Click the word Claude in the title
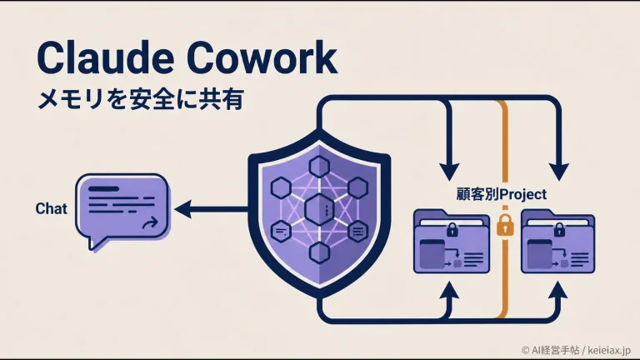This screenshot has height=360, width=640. click(106, 57)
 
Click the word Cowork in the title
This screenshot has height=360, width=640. click(262, 57)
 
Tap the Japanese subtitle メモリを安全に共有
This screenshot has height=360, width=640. click(140, 99)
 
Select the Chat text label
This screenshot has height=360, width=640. click(51, 208)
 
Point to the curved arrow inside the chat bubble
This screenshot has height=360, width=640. click(150, 222)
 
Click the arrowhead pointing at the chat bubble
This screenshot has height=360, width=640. click(183, 209)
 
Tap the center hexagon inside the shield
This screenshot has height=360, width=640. click(319, 209)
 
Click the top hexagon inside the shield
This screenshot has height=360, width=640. click(319, 167)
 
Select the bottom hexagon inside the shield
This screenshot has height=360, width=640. click(319, 252)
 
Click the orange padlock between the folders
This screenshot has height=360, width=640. click(505, 224)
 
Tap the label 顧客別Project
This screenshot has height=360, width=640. click(501, 194)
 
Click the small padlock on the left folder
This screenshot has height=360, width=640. click(452, 229)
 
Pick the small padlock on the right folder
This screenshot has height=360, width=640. click(559, 229)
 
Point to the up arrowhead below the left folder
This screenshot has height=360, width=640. click(449, 290)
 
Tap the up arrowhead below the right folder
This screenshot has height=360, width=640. click(559, 290)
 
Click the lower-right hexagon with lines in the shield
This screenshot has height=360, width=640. click(358, 232)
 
